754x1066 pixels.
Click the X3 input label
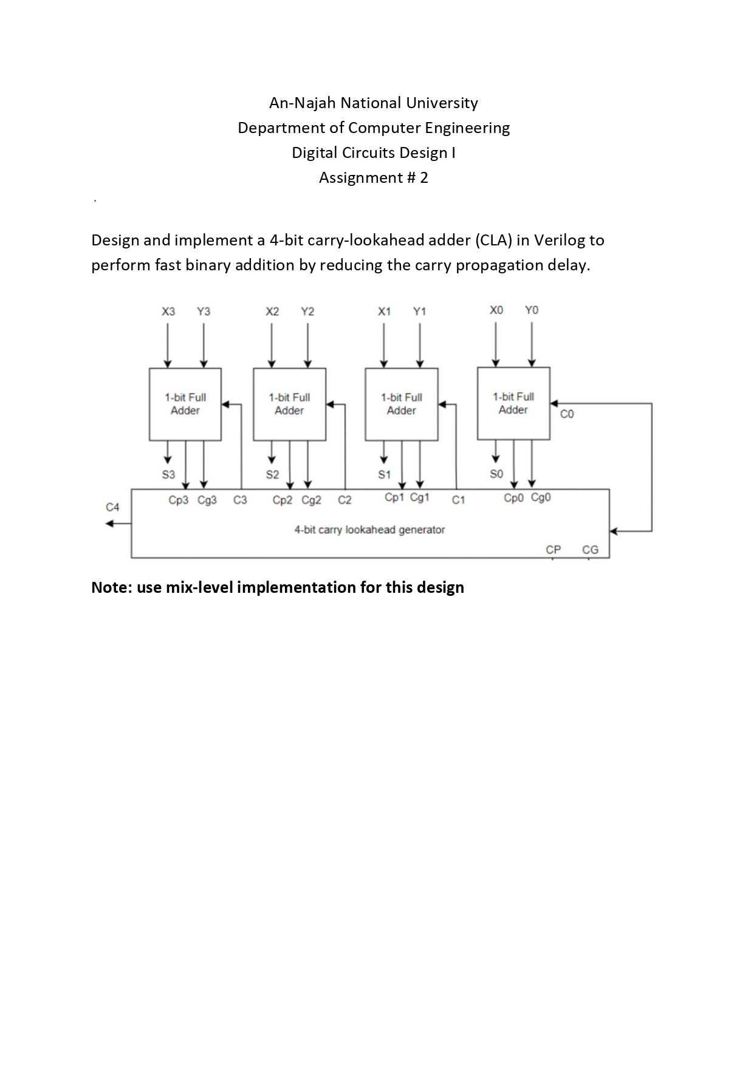[168, 312]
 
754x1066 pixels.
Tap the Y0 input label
[532, 310]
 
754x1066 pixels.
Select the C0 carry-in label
[567, 414]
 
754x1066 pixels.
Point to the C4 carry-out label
[113, 507]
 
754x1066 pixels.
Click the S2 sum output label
[272, 474]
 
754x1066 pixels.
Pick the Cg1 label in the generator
[420, 497]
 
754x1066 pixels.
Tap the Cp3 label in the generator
[178, 501]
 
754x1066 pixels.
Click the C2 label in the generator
[344, 501]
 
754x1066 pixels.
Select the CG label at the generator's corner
[590, 550]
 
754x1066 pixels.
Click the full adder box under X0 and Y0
[513, 403]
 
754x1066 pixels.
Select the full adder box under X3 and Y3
[185, 404]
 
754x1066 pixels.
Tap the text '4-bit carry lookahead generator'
[369, 530]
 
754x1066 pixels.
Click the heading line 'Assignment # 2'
[374, 177]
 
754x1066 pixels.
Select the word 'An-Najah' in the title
[302, 103]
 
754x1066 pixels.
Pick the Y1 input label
[420, 312]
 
